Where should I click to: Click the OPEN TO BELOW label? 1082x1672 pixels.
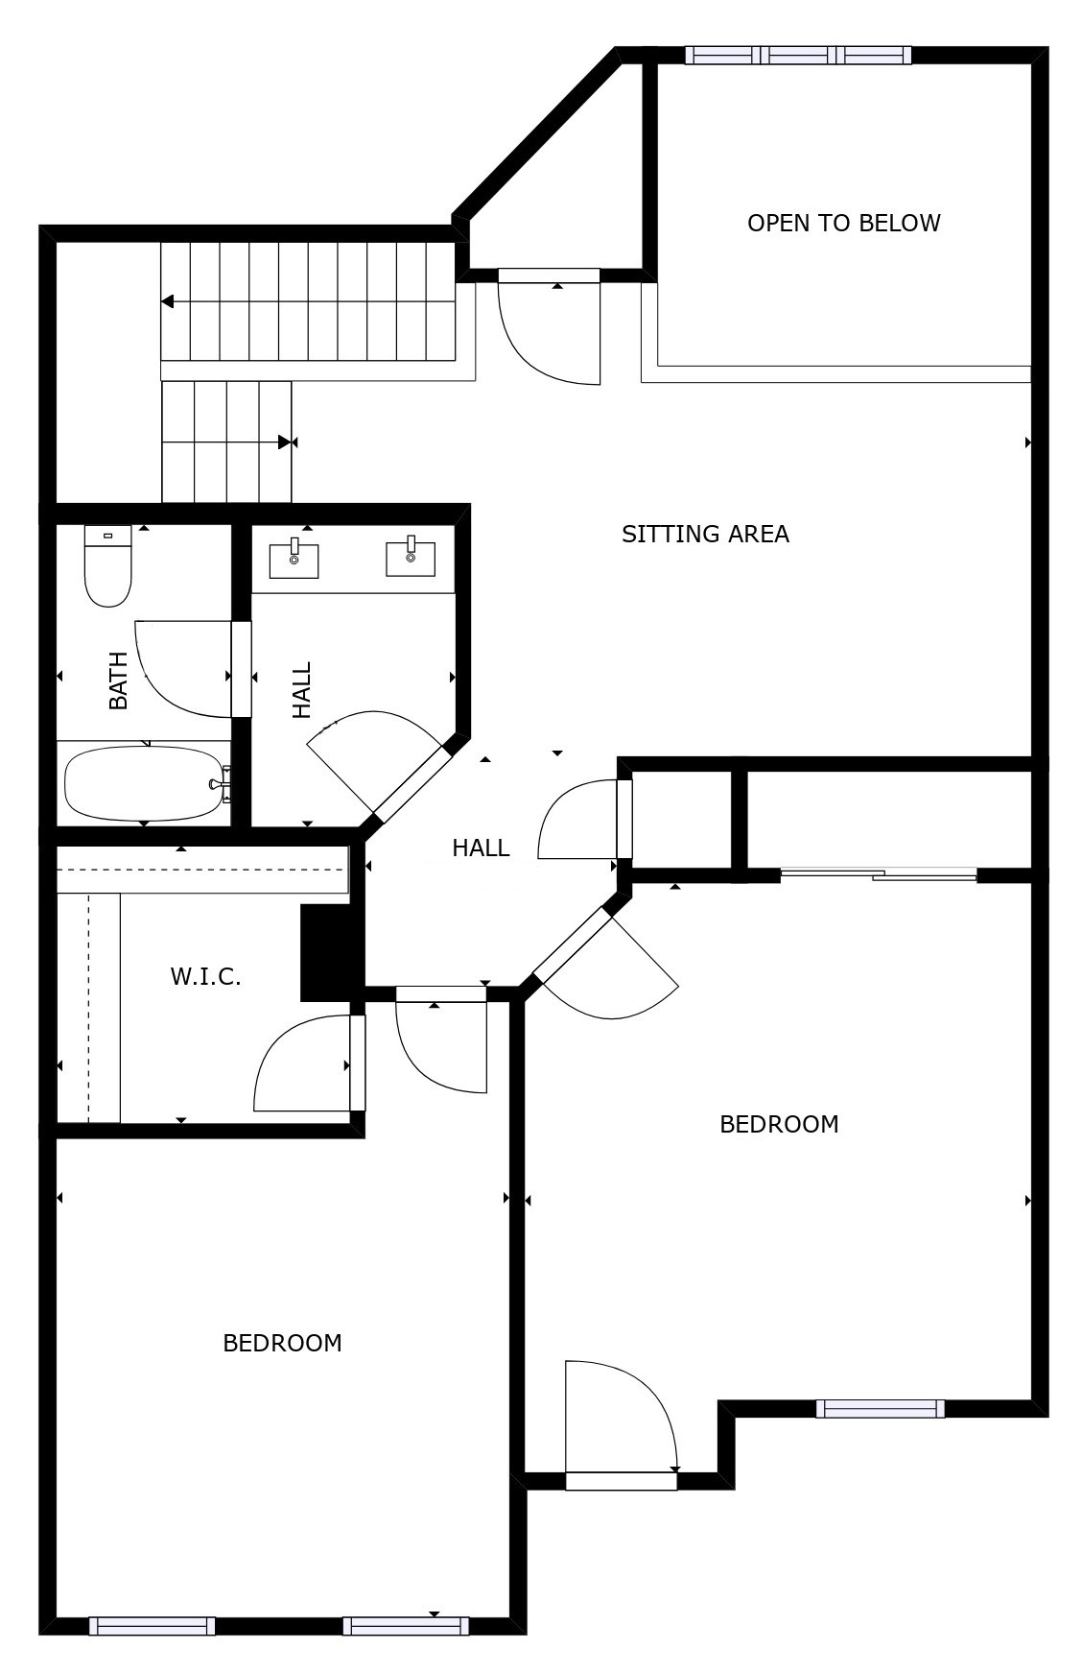click(x=843, y=223)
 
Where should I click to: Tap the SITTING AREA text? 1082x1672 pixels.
click(x=705, y=534)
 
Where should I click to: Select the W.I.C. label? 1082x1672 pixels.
click(x=205, y=977)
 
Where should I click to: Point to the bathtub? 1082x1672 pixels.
click(x=144, y=783)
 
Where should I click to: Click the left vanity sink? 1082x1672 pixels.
click(x=294, y=559)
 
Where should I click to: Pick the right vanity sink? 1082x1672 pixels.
click(x=411, y=558)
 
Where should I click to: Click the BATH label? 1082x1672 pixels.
click(x=118, y=681)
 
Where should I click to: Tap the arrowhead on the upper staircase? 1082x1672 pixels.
click(x=168, y=301)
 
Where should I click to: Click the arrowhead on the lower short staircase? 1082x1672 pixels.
click(x=285, y=442)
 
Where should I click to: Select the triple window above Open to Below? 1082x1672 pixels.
click(x=798, y=56)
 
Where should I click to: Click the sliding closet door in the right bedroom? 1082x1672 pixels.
click(x=879, y=874)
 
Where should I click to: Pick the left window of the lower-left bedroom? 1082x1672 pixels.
click(x=152, y=1625)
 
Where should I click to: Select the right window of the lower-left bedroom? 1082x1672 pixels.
click(x=406, y=1625)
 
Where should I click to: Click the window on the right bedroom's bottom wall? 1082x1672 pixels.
click(x=880, y=1408)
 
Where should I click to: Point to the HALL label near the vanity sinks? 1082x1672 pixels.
click(x=302, y=689)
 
